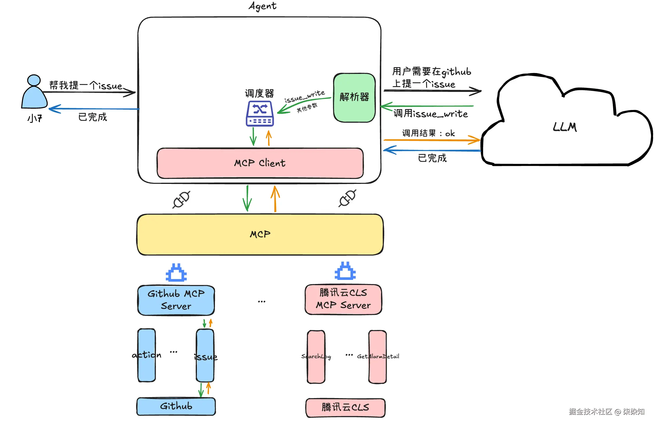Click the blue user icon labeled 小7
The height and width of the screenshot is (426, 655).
(x=34, y=93)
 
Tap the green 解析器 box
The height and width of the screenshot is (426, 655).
(x=354, y=97)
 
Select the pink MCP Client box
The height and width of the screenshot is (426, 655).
(x=260, y=163)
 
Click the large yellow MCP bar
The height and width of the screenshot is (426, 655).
(x=260, y=235)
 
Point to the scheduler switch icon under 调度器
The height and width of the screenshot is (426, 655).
(x=260, y=113)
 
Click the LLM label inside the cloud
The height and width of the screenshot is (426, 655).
(x=565, y=127)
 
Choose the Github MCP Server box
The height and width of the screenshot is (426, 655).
(x=176, y=300)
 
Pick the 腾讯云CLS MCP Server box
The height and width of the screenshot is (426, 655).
(x=343, y=299)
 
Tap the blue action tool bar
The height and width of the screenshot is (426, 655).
(x=147, y=355)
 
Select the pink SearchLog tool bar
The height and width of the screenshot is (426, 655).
(x=316, y=356)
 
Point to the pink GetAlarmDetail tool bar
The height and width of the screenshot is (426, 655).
(x=378, y=356)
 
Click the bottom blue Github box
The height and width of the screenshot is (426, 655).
(x=176, y=406)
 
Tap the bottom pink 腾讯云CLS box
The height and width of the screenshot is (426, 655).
(x=345, y=407)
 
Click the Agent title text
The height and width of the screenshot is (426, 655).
(x=262, y=6)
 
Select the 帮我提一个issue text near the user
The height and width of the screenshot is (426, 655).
(x=86, y=86)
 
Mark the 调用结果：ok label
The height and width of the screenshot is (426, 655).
(x=428, y=133)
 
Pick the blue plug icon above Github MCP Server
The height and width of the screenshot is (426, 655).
(x=176, y=273)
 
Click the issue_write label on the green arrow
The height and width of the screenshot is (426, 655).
(x=304, y=97)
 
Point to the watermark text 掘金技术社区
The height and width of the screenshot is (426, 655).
(x=590, y=411)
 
